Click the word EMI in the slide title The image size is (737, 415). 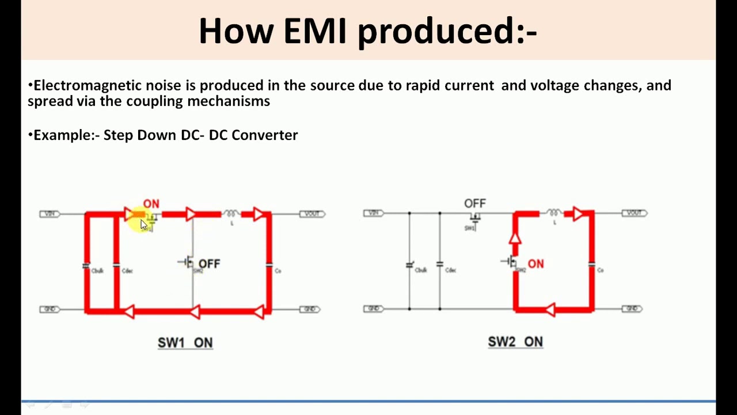tap(315, 31)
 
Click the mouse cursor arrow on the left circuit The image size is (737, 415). tap(144, 224)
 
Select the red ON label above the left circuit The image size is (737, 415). tap(151, 204)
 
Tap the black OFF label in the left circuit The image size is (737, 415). tap(209, 263)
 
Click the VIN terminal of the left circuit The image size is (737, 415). tap(50, 214)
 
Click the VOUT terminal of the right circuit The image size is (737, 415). tap(634, 213)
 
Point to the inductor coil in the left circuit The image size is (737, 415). tap(231, 213)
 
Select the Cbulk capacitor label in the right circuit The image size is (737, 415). tap(421, 270)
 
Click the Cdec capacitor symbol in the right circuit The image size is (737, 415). tap(440, 264)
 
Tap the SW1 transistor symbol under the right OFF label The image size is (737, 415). tap(474, 217)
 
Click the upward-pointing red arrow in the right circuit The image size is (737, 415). tap(515, 237)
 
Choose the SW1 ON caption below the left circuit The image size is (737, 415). tap(185, 342)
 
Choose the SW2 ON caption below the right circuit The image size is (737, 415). tap(515, 342)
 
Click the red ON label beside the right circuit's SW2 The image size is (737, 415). tap(535, 264)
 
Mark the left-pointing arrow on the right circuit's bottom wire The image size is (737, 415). tap(550, 310)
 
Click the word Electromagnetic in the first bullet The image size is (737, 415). tap(88, 86)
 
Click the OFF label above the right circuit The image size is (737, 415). tap(475, 203)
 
